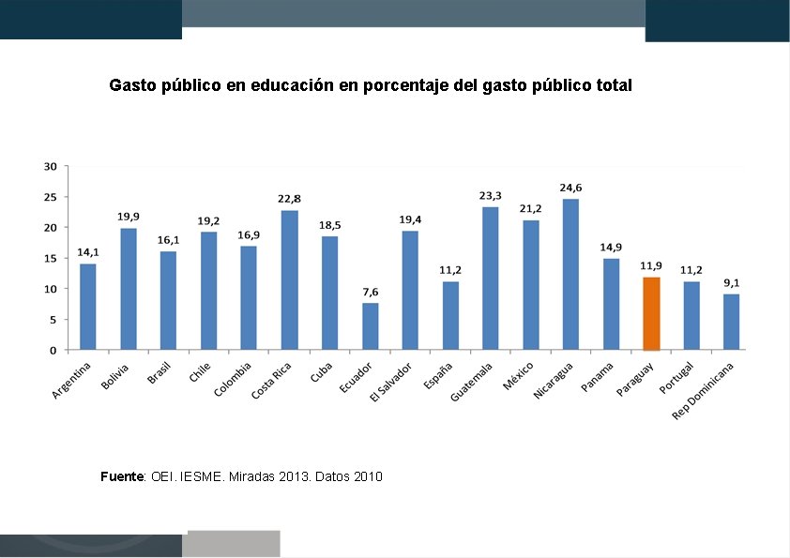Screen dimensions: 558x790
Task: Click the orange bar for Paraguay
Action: [651, 313]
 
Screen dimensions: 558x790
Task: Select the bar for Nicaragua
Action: [570, 274]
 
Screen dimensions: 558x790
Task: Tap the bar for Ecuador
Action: [370, 326]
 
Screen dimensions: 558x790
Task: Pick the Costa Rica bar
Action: [289, 279]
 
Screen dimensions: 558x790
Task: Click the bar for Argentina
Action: [88, 307]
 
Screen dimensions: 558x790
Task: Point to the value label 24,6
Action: [570, 188]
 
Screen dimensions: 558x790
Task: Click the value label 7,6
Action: [370, 292]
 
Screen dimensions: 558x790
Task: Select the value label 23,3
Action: [490, 195]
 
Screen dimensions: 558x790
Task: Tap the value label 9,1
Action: [732, 282]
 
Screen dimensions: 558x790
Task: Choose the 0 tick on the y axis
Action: [53, 350]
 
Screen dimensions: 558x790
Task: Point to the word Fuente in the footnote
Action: [122, 477]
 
